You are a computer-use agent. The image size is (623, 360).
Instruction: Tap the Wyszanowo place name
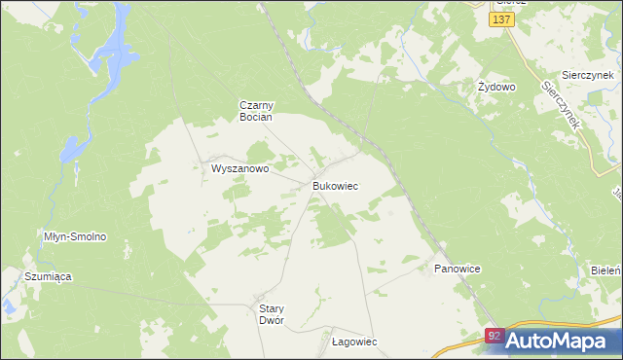(239, 168)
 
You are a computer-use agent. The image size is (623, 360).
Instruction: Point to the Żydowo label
(495, 87)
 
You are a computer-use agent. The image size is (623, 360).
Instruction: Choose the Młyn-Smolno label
(75, 236)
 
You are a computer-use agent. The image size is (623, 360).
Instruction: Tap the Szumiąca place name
(49, 276)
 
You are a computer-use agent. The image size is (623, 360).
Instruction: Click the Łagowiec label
(353, 342)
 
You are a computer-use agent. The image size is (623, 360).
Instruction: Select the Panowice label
(458, 268)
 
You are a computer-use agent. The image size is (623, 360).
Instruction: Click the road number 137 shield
(502, 18)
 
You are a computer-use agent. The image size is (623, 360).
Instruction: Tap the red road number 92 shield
(495, 337)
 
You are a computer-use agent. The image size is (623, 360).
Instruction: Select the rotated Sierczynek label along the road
(562, 105)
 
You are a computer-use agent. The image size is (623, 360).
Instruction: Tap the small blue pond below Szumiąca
(8, 308)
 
